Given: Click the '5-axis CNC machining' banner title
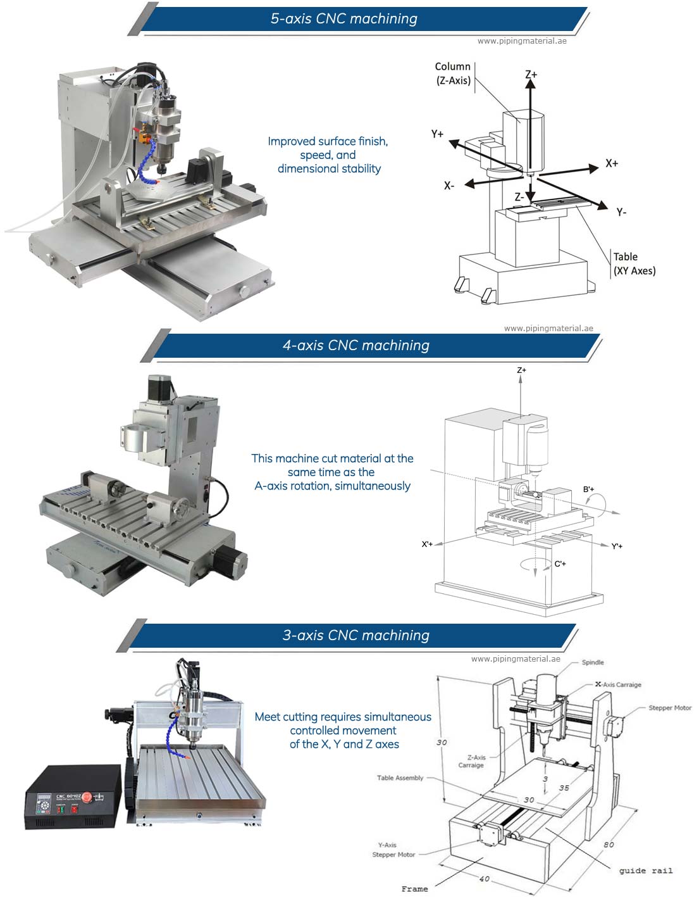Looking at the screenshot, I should [343, 19].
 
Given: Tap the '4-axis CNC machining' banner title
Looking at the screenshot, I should [356, 346].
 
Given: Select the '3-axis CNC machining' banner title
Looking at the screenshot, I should [356, 636].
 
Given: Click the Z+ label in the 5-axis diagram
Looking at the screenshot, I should [531, 75].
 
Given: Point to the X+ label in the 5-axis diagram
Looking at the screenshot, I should [611, 163].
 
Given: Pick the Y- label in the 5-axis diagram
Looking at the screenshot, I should [621, 212].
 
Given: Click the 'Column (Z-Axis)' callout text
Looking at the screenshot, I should [453, 73].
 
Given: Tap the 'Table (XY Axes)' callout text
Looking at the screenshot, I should [634, 263].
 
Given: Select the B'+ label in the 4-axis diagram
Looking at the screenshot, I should [588, 489].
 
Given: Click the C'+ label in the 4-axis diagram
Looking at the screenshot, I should [560, 564].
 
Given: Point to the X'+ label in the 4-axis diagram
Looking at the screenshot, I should [427, 544].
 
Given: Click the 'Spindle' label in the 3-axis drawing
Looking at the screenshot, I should [593, 662].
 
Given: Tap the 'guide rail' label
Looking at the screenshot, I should [645, 871].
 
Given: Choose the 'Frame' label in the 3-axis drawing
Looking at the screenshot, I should [414, 889].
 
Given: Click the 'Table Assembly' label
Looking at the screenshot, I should [400, 778].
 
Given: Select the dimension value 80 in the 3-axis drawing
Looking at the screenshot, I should [609, 844].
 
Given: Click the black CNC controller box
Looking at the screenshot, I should [73, 797].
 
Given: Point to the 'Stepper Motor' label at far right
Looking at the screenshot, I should [669, 708].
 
